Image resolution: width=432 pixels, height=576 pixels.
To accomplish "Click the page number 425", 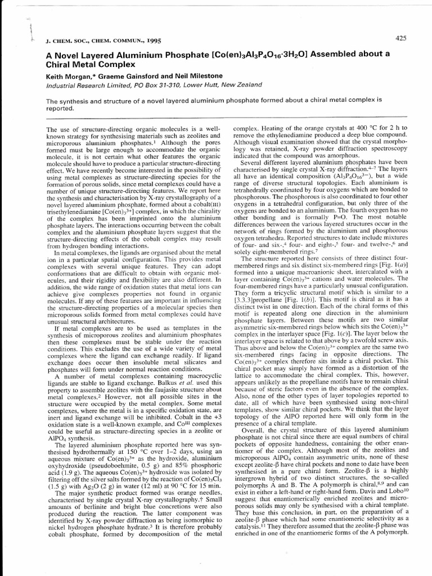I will (400, 38).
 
